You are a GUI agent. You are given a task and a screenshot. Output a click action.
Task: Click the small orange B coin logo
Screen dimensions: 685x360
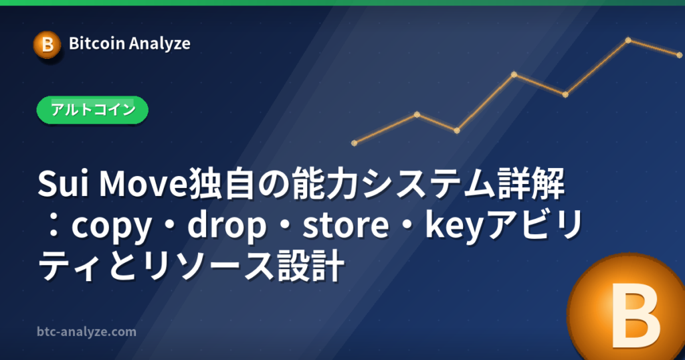[x=47, y=45]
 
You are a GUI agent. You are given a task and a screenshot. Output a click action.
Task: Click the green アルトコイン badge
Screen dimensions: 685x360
[x=92, y=110]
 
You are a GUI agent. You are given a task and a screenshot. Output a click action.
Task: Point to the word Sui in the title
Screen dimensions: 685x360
[x=64, y=184]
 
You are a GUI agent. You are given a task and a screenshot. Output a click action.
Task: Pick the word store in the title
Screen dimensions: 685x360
[x=346, y=225]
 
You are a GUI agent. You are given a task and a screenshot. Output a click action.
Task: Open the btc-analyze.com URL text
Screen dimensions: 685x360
[x=86, y=332]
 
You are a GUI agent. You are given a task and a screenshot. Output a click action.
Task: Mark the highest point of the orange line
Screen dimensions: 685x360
[x=628, y=40]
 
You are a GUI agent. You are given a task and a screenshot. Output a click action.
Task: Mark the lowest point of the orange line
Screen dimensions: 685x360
[x=355, y=143]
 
